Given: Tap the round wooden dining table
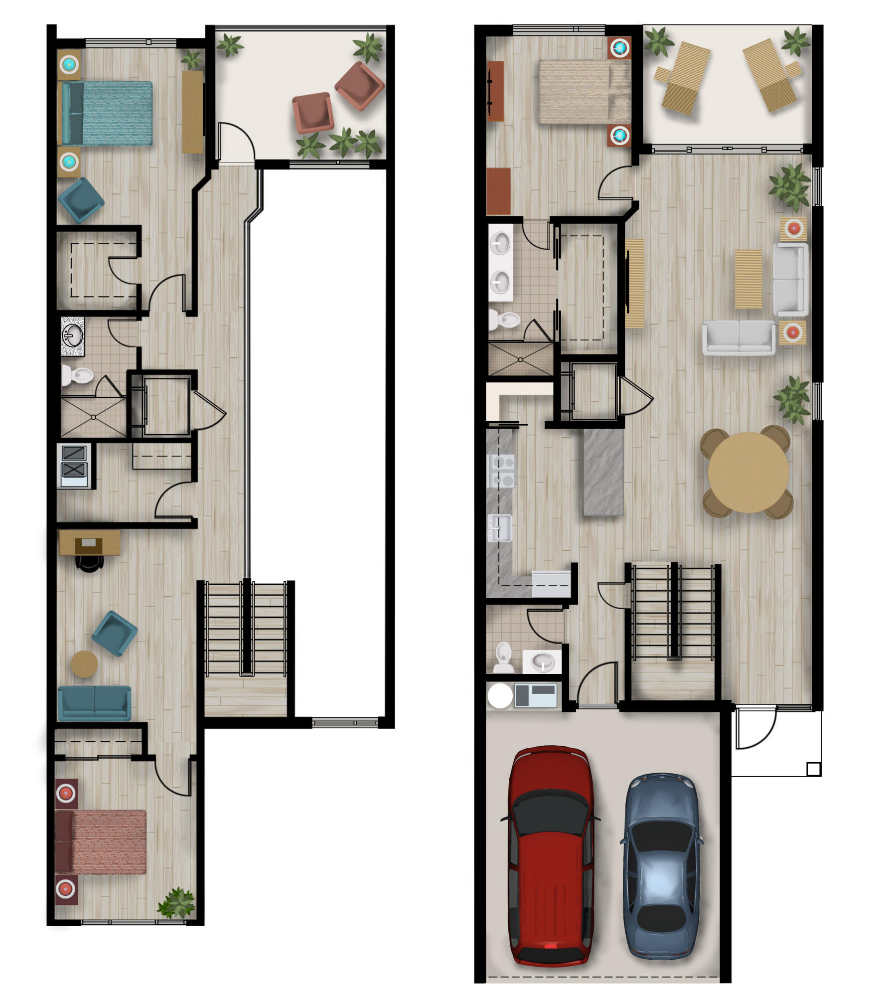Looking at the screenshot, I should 748,472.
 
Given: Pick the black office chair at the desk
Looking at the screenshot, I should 89,562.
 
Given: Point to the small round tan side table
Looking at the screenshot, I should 84,664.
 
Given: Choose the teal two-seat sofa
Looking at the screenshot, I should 94,703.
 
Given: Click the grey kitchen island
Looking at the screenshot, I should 603,472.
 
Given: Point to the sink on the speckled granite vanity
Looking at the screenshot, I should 72,335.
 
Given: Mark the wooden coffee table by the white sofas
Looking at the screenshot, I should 748,279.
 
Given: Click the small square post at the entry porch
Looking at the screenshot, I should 813,769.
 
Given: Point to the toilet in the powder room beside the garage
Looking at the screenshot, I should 503,656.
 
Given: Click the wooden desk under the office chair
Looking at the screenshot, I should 90,541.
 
